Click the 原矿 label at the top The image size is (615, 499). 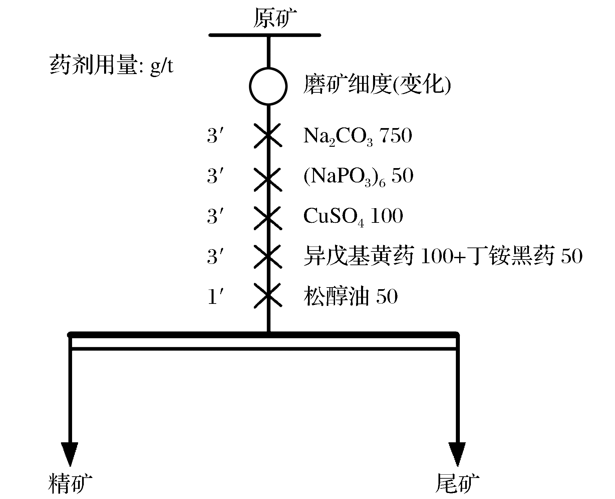click(x=274, y=18)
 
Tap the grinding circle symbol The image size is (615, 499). click(x=268, y=86)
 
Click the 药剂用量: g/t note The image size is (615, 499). click(x=111, y=65)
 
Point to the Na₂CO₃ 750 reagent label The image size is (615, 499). click(x=357, y=136)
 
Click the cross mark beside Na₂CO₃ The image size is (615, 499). click(x=268, y=136)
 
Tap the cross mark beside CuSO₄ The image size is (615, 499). click(x=268, y=218)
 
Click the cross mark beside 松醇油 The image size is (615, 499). click(x=268, y=295)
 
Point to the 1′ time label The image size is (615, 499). click(x=215, y=297)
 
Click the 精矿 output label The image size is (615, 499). click(x=70, y=483)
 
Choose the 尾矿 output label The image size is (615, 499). click(x=457, y=483)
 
